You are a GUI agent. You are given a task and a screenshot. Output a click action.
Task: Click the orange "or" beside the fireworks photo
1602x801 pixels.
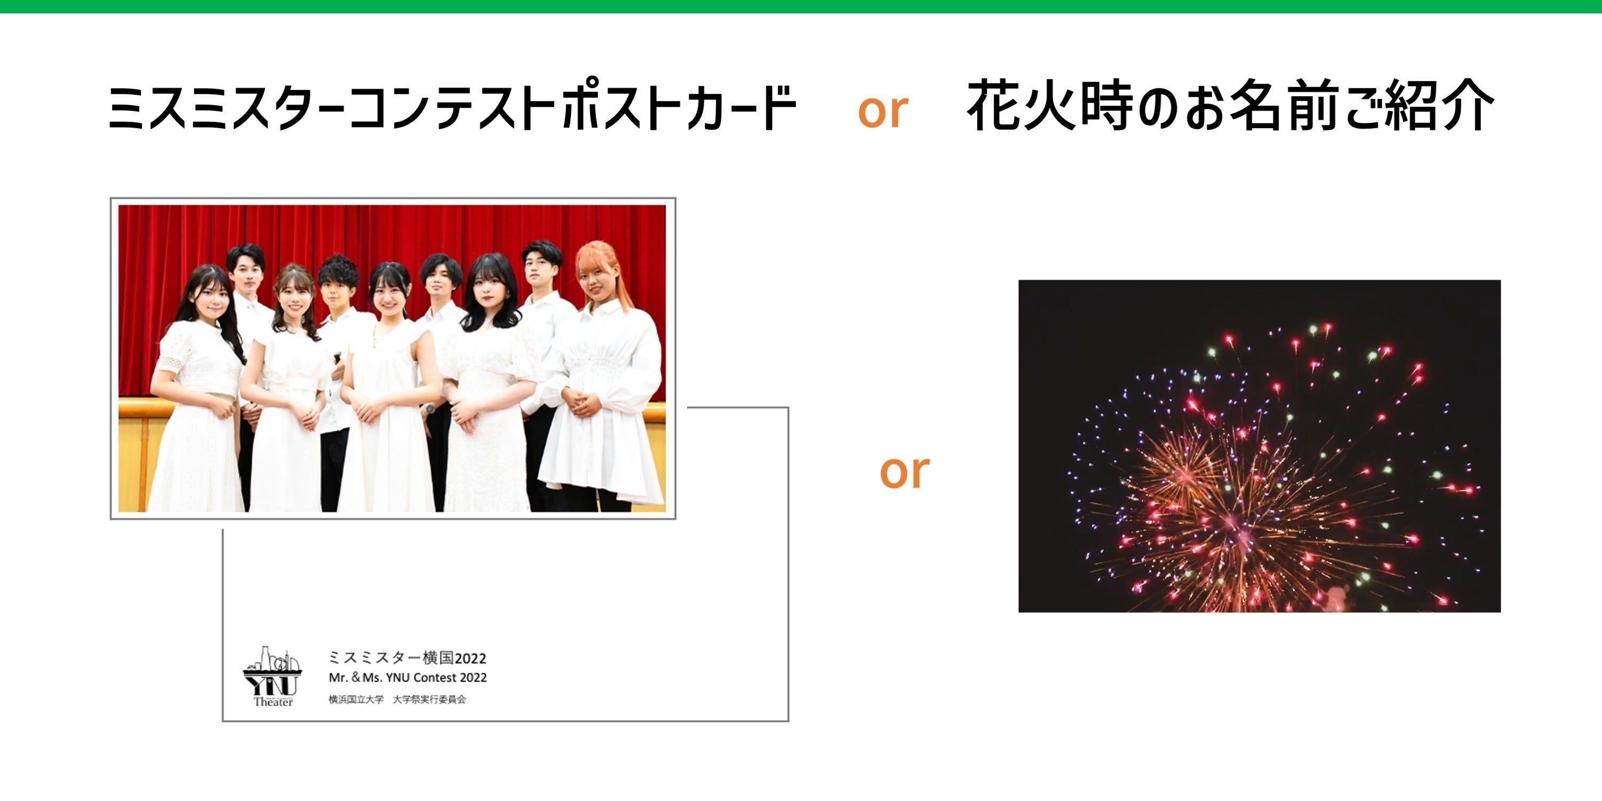pos(904,472)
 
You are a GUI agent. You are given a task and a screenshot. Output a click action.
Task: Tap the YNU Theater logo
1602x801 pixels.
pos(272,676)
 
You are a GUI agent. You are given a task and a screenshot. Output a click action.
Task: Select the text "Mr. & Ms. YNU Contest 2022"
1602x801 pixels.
pos(407,678)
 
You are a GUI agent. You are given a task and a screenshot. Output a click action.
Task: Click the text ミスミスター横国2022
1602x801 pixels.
pos(407,658)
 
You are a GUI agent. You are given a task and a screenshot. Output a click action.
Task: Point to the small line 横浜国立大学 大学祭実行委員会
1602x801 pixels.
pos(397,700)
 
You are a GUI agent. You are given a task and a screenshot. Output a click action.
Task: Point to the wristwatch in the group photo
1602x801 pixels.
pos(430,409)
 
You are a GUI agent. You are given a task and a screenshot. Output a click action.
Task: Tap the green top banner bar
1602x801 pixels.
pos(801,6)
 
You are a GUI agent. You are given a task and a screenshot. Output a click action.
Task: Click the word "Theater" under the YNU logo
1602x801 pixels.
pos(272,702)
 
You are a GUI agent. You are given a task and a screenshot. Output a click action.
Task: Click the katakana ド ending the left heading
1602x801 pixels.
pos(778,108)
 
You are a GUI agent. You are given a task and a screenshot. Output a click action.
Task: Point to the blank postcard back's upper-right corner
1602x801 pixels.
pos(787,409)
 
